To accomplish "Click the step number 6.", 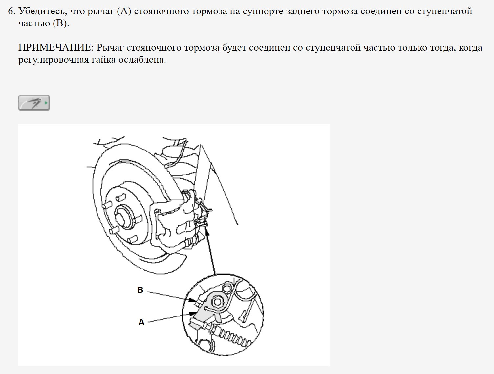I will [11, 11].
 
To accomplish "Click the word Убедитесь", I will [43, 11].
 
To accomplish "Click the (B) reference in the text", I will [60, 24].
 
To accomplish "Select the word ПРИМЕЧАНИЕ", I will [56, 48].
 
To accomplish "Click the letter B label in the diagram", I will [140, 290].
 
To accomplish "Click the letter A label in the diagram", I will [141, 322].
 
